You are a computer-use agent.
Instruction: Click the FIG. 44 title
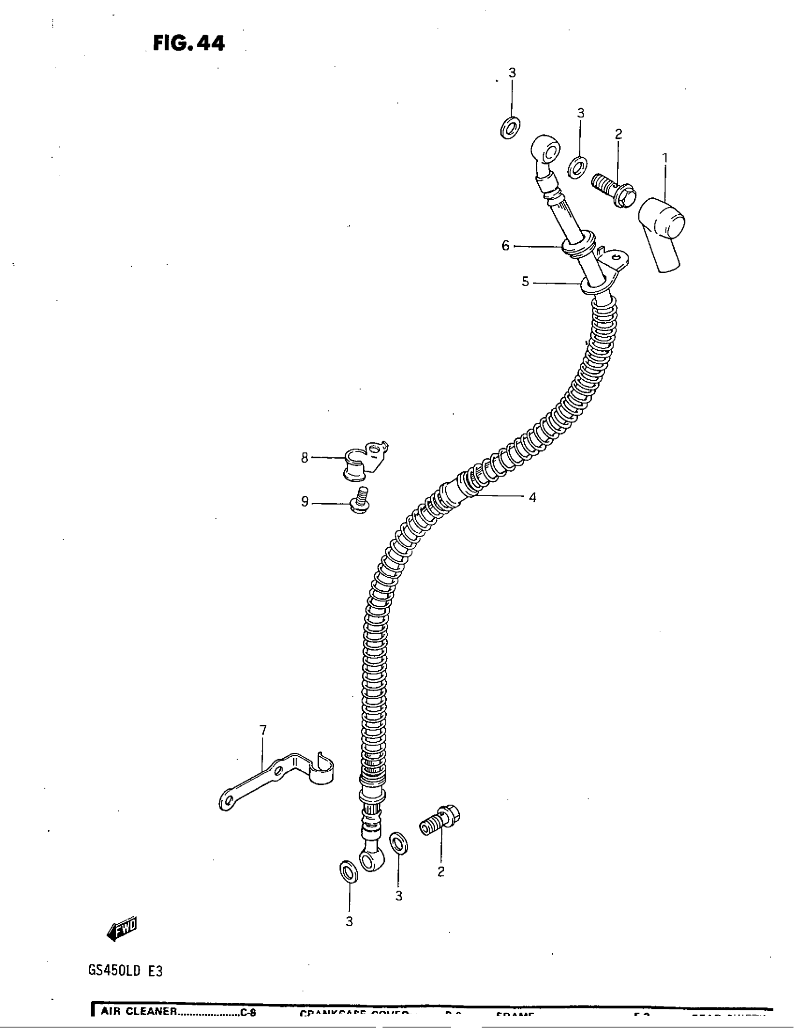(189, 43)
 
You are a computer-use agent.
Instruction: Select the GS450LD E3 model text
(125, 971)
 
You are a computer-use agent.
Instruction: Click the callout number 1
(665, 159)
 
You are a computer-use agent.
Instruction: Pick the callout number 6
(506, 246)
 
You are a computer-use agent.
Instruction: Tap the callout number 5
(525, 282)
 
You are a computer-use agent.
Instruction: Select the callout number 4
(532, 498)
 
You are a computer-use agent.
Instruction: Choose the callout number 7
(263, 730)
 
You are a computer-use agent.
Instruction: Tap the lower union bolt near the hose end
(439, 821)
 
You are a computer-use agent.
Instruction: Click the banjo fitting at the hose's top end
(545, 152)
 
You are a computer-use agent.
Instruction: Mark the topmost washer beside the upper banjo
(510, 127)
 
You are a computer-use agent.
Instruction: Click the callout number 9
(305, 502)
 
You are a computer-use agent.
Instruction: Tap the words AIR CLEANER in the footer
(138, 1011)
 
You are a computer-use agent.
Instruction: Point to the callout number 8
(305, 457)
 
